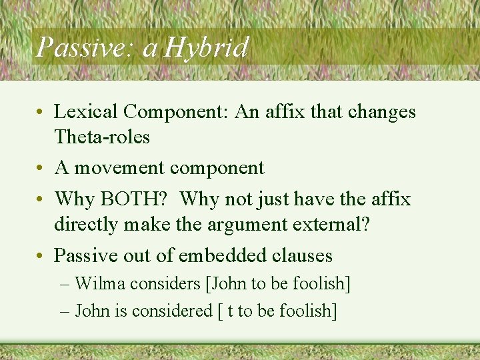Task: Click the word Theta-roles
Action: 101,137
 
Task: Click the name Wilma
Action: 100,283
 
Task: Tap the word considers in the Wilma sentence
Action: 165,283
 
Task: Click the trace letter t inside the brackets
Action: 230,311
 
